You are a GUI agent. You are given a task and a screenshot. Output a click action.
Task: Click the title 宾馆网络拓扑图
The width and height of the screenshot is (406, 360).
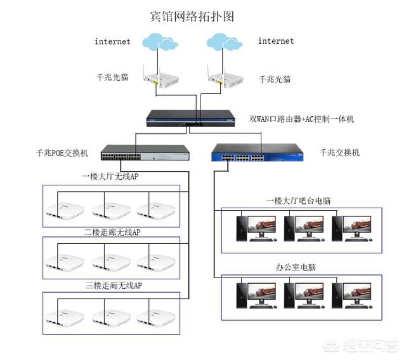click(x=191, y=16)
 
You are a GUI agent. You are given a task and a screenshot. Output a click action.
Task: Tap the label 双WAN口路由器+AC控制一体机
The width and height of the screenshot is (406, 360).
click(x=302, y=119)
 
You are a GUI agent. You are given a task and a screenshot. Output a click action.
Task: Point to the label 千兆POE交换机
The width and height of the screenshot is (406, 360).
click(x=63, y=153)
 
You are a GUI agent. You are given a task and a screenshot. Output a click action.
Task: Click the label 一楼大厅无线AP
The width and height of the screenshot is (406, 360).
click(x=110, y=177)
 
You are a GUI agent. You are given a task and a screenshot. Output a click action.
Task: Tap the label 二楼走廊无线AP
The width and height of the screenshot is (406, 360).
click(x=112, y=232)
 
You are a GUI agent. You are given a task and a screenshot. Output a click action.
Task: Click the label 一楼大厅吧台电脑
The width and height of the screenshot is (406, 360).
click(x=298, y=201)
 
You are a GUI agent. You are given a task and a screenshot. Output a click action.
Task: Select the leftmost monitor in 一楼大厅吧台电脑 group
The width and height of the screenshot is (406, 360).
click(x=261, y=225)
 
